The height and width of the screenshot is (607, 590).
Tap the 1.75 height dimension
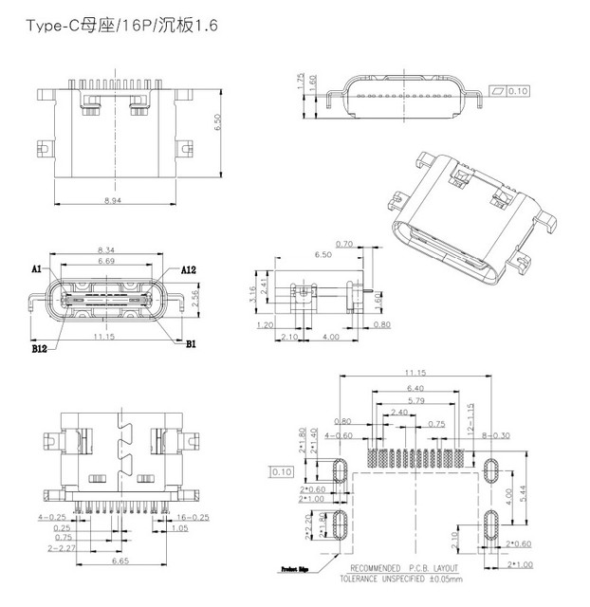coord(300,83)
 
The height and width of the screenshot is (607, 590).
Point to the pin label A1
coord(36,269)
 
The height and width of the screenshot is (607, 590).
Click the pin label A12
coord(188,269)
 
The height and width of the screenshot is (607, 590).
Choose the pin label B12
coord(39,348)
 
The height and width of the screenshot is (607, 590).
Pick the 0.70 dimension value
coord(344,245)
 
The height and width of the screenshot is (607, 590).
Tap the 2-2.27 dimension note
coord(53,547)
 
